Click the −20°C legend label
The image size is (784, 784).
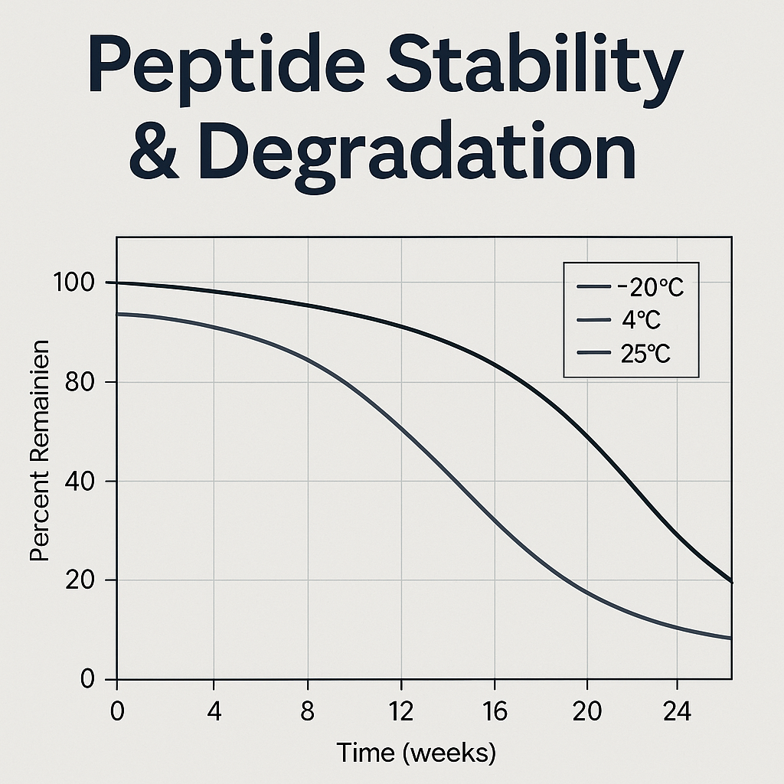(649, 289)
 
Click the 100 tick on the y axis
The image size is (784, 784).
(75, 283)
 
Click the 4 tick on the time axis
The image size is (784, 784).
(214, 711)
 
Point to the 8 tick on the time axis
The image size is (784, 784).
(308, 711)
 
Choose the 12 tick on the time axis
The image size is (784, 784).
(400, 711)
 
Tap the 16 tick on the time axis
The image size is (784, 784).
(495, 711)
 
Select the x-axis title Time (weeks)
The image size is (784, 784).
(416, 753)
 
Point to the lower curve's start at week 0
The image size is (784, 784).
(118, 314)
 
